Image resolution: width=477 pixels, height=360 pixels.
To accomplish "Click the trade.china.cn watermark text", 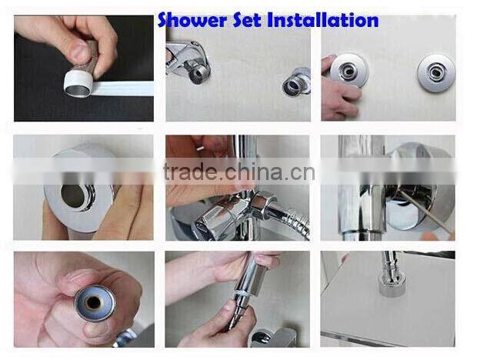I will coord(239,172).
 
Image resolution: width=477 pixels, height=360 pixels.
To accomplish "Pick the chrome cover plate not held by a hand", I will coord(435,73).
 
